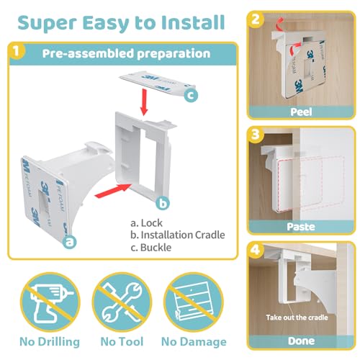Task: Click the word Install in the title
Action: coord(193,22)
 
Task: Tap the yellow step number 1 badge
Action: coord(17,51)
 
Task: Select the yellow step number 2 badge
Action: coord(256,19)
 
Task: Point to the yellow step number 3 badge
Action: coord(256,135)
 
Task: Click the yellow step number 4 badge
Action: coord(256,250)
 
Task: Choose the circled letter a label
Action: coord(69,242)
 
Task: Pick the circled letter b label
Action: coord(163,203)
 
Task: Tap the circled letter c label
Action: coord(191,95)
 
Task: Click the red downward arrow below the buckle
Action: coord(144,102)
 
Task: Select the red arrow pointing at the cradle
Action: coord(113,191)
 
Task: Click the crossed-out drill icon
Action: coord(50,302)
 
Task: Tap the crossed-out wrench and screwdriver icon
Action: coord(122,302)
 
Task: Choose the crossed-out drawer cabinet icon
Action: coord(194,302)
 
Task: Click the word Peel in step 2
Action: coord(301,112)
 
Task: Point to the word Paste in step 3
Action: coord(301,227)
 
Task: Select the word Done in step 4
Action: coord(301,341)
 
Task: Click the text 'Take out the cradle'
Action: coord(297,318)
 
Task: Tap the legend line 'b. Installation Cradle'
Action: coord(178,235)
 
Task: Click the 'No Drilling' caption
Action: coord(50,342)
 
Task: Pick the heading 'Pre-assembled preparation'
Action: coord(126,53)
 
